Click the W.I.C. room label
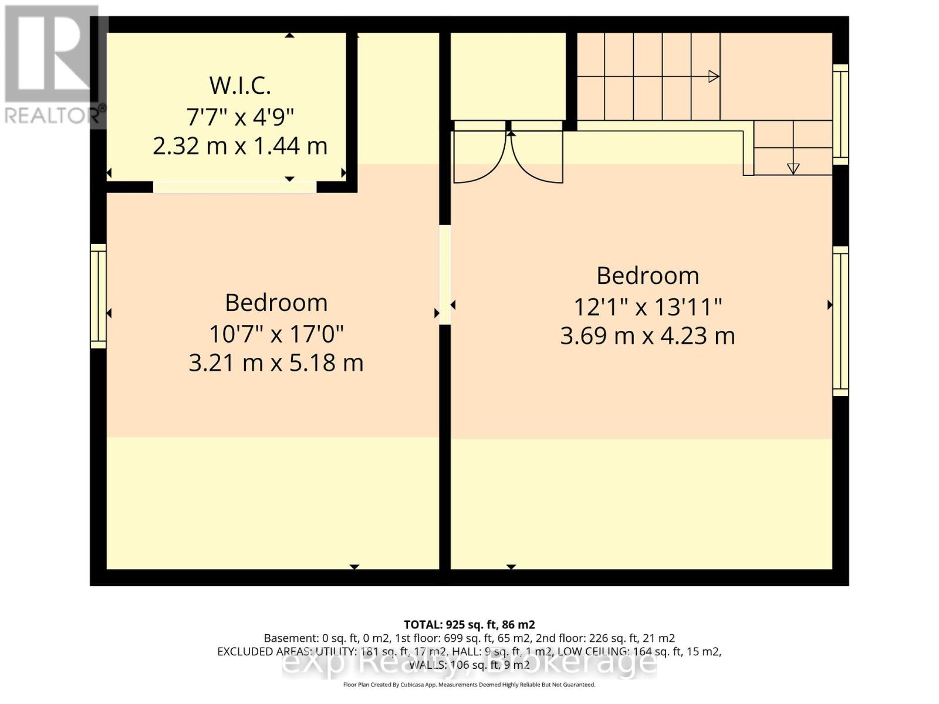(x=240, y=86)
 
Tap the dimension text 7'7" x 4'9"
(x=240, y=116)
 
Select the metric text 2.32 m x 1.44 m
(x=240, y=146)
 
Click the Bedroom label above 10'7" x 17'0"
(x=276, y=303)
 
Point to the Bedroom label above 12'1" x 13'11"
(x=647, y=276)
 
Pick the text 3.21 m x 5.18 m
(x=276, y=363)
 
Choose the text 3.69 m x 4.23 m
(x=647, y=336)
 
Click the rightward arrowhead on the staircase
(x=714, y=76)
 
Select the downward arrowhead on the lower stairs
(x=793, y=168)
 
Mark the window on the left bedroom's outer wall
(x=98, y=296)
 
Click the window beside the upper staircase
(x=840, y=114)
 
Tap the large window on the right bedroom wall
(x=840, y=321)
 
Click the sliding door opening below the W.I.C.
(x=235, y=187)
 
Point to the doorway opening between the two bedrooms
(x=445, y=275)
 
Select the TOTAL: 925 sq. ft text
(x=469, y=625)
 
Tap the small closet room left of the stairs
(x=508, y=76)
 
